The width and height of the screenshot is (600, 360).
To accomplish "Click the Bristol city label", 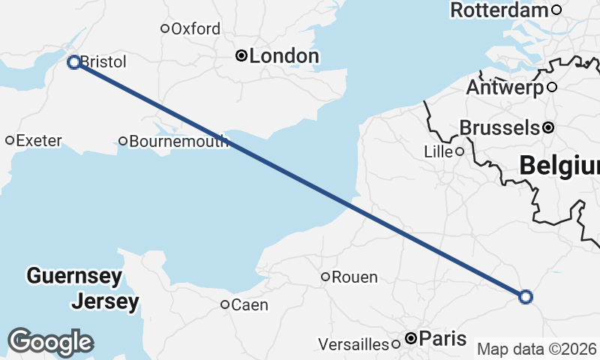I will tap(103, 61).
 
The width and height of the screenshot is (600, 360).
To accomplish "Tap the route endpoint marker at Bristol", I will tap(74, 62).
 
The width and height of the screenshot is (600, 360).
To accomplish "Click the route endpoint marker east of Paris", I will tap(526, 297).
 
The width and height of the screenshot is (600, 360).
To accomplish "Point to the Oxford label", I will tap(196, 29).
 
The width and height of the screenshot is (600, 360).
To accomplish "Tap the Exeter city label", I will tap(38, 140).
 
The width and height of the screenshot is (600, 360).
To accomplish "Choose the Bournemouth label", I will tap(178, 141).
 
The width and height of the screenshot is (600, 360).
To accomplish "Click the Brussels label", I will tap(499, 127).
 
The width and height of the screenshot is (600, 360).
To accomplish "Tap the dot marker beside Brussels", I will tap(548, 127).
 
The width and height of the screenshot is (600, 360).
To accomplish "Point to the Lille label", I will tap(439, 151).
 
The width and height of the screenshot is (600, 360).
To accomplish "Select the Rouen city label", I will tap(354, 277).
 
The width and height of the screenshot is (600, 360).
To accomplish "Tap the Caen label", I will tap(250, 304).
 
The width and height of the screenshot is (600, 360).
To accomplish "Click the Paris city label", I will tap(442, 338).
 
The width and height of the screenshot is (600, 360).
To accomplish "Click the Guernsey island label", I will tap(73, 276).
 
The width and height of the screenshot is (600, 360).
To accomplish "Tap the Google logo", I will tap(50, 341).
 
